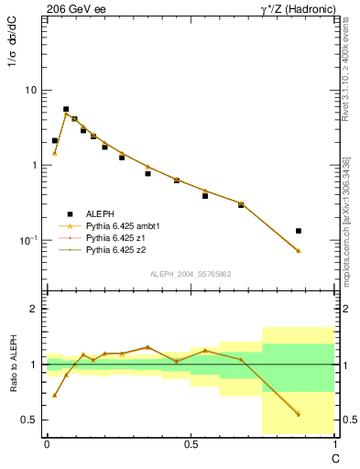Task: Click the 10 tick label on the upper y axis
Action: coord(30,90)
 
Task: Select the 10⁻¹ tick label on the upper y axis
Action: coord(28,240)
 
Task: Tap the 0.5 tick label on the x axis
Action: coord(190,444)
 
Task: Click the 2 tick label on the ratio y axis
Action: coord(34,309)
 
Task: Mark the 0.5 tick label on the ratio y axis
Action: coord(29,420)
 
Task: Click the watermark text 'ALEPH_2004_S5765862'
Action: coord(191,274)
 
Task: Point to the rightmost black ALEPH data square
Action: coord(299,231)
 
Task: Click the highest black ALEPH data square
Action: coord(66,109)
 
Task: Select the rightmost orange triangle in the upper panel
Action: coord(299,250)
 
